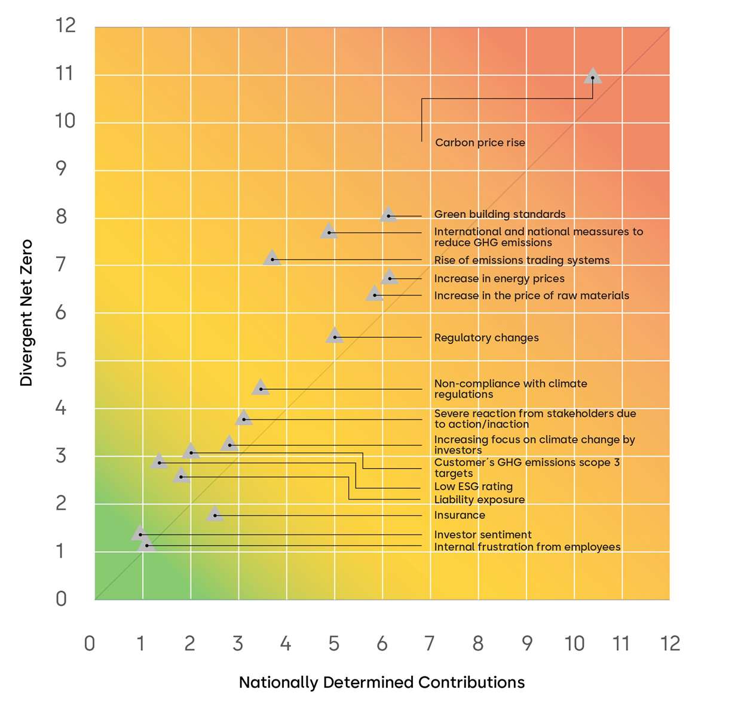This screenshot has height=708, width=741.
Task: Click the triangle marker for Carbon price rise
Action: (592, 76)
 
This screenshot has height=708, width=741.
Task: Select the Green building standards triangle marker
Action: (388, 215)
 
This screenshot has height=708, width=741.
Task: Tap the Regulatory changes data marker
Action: (335, 336)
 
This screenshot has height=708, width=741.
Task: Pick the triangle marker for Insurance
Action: (215, 514)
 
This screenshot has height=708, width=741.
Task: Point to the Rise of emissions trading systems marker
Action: (272, 258)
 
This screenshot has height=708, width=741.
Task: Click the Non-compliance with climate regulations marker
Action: (261, 388)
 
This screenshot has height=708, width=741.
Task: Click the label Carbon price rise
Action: (480, 143)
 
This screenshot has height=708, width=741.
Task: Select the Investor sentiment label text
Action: (482, 535)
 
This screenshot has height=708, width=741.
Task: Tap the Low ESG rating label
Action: (473, 487)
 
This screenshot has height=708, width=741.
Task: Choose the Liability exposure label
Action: (479, 500)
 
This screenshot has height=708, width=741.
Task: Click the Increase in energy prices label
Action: (499, 279)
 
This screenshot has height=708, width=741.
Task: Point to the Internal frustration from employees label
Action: (527, 547)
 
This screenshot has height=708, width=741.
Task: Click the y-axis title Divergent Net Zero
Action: (26, 313)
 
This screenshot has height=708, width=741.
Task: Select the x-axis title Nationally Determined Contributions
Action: (382, 682)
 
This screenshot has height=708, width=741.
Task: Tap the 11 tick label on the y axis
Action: (65, 74)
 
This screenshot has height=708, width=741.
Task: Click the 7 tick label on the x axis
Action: (429, 644)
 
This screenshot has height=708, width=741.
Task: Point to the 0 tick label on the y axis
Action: (61, 599)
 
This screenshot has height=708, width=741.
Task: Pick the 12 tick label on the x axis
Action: (670, 644)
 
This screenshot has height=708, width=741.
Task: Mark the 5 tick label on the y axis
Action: (61, 361)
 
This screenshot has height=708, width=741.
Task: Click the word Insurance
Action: (460, 515)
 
